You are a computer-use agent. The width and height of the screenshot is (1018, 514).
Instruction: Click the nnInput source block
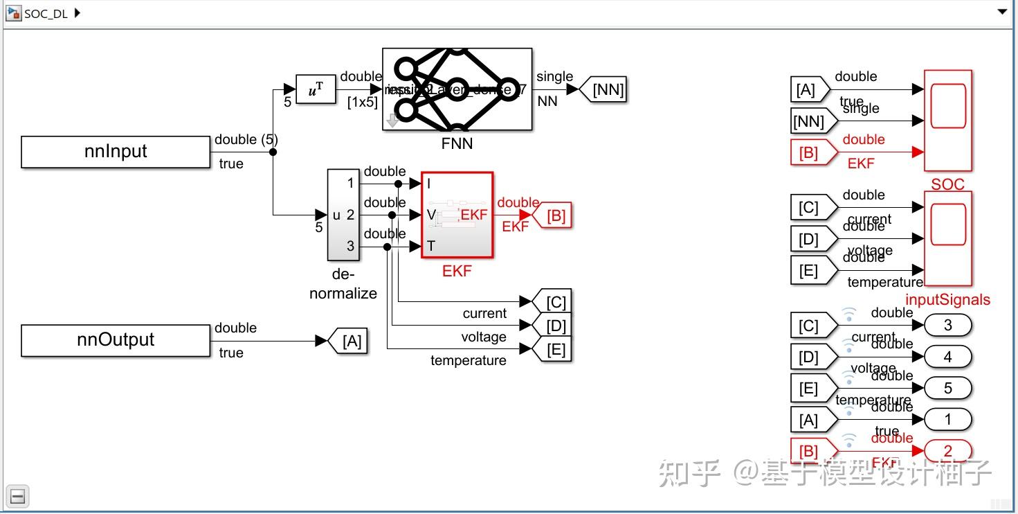click(x=116, y=152)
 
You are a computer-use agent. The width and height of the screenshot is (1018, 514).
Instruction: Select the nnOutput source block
click(x=116, y=340)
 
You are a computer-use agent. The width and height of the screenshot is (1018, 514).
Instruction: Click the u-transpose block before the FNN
click(x=316, y=89)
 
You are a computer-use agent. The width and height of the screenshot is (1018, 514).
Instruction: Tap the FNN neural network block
click(x=457, y=89)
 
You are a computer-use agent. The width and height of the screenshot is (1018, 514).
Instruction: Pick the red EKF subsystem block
click(x=457, y=215)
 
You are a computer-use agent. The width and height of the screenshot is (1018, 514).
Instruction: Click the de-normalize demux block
click(x=343, y=215)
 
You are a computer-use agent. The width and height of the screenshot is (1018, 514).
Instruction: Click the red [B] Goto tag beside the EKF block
click(x=554, y=215)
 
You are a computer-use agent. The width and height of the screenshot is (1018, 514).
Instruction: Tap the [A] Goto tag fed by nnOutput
click(x=350, y=341)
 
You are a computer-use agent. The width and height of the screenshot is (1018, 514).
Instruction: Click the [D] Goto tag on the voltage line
click(x=554, y=326)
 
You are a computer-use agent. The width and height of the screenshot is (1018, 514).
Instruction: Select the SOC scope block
click(x=947, y=121)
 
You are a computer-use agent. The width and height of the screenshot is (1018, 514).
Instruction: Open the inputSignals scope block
click(x=947, y=238)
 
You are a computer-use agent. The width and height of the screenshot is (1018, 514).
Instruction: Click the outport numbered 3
click(x=947, y=325)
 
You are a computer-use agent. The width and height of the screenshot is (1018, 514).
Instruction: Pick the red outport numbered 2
click(x=947, y=451)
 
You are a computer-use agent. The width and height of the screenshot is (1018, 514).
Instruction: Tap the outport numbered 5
click(x=947, y=388)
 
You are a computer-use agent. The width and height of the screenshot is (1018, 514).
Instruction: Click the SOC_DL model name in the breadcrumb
click(x=46, y=13)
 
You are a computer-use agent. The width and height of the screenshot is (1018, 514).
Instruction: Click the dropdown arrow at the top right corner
click(x=1001, y=12)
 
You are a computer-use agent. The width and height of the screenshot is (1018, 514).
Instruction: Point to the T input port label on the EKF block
click(x=431, y=246)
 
